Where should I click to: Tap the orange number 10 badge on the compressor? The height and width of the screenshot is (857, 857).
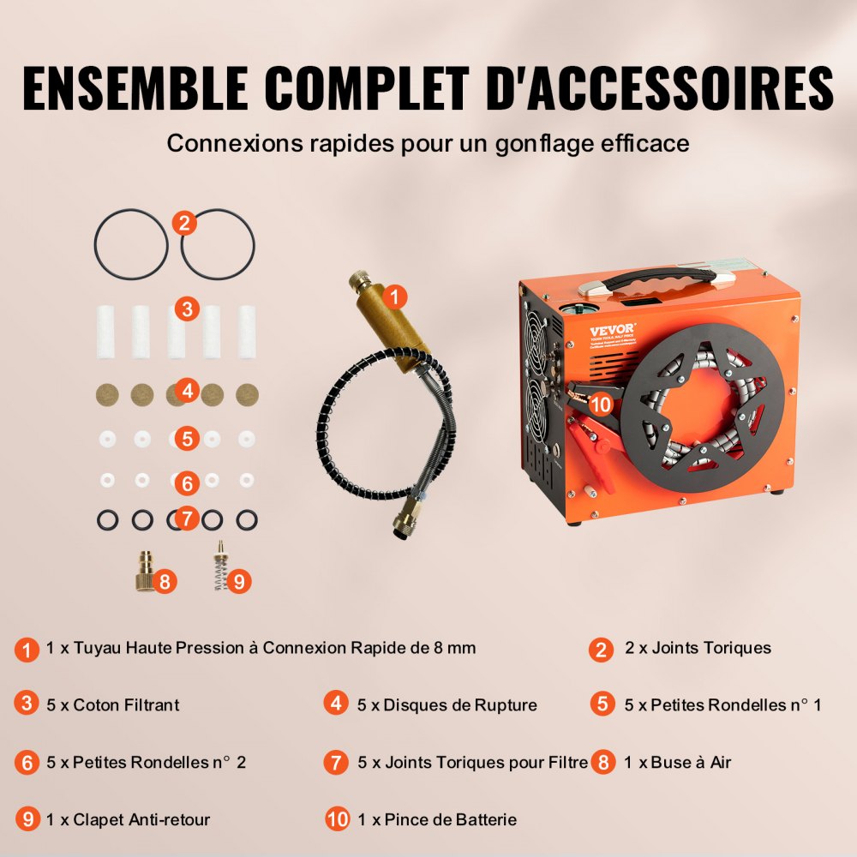tap(600, 403)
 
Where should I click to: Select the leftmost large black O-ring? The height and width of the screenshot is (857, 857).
tap(131, 244)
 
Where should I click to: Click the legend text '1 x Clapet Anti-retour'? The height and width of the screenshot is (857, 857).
tap(129, 819)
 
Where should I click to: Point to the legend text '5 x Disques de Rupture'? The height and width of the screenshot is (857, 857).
tap(447, 704)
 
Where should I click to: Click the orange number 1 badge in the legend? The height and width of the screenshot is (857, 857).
tap(27, 650)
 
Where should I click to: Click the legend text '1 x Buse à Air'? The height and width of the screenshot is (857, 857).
tap(678, 762)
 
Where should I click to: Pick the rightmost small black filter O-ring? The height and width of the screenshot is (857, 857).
tap(247, 520)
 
